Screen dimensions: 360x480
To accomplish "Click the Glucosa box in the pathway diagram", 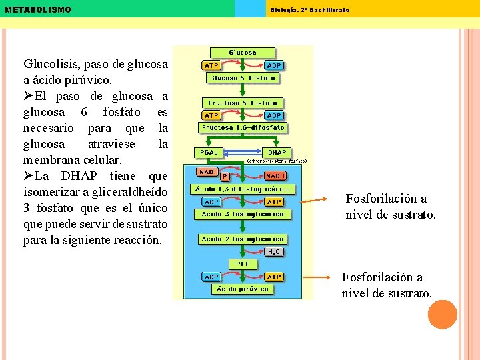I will [x=243, y=52].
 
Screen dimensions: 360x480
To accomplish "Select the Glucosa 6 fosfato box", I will [x=243, y=77].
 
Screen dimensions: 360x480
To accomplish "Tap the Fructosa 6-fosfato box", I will [x=243, y=103].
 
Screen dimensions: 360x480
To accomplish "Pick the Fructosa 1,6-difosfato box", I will [x=243, y=127].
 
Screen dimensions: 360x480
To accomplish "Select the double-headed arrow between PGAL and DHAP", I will [x=241, y=153].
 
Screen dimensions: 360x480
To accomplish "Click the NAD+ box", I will [x=207, y=171].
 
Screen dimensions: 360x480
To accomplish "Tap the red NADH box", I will [x=275, y=176].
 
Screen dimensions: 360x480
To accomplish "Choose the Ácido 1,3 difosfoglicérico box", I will [x=243, y=189].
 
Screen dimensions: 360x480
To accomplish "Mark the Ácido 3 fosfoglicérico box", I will [x=243, y=214].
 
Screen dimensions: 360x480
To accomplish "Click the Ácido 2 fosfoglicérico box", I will [x=243, y=239].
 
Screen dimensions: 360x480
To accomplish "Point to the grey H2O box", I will [x=273, y=252].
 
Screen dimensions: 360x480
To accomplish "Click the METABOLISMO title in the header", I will [x=37, y=10].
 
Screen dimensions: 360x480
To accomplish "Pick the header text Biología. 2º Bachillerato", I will [x=309, y=10].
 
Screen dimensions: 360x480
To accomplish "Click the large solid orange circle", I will [x=442, y=315].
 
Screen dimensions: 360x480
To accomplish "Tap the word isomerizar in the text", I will [x=51, y=193].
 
